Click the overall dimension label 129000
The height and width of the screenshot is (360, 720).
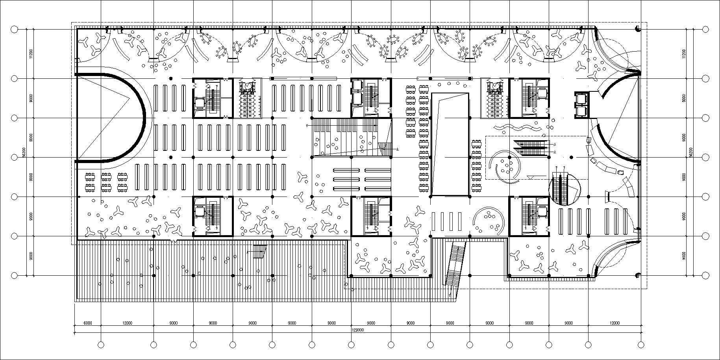[358, 330]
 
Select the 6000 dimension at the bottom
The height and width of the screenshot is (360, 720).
[88, 323]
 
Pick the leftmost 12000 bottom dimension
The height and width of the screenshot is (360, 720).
[127, 323]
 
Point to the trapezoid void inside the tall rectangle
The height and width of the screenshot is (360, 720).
[450, 144]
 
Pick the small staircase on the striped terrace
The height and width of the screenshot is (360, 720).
[259, 252]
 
